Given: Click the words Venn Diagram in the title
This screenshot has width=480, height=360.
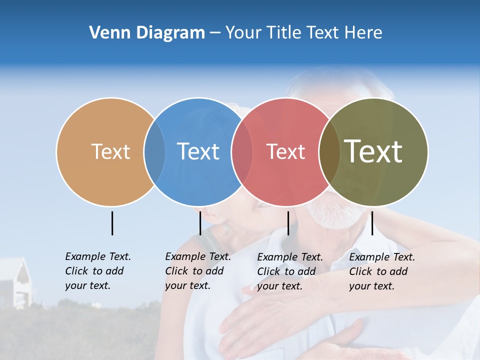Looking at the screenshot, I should [x=147, y=33].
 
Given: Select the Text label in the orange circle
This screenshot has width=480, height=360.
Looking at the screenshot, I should [x=110, y=151].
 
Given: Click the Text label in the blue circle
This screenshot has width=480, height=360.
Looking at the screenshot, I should [x=198, y=151].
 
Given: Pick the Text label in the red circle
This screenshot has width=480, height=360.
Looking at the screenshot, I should [x=285, y=151].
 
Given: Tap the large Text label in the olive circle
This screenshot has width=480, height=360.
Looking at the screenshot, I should [x=373, y=151].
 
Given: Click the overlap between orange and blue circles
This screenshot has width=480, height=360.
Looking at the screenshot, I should [x=154, y=151].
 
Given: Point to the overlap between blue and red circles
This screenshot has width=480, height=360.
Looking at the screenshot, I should [x=242, y=151].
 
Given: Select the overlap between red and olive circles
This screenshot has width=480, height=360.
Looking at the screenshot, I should [x=329, y=151].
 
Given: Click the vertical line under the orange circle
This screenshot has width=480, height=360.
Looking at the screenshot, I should [x=112, y=223].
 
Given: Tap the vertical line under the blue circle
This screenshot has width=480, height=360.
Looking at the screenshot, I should [x=200, y=223].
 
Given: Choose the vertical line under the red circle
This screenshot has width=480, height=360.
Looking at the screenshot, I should [x=288, y=223].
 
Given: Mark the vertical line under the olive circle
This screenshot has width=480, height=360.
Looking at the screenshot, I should [x=372, y=223].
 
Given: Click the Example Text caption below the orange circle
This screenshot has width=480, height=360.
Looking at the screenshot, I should [x=98, y=271].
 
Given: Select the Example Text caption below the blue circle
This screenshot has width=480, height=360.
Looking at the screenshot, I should [x=198, y=271].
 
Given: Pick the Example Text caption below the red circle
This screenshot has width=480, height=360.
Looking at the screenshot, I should [x=290, y=271].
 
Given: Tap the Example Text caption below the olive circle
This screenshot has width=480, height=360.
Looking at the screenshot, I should [x=382, y=271].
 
